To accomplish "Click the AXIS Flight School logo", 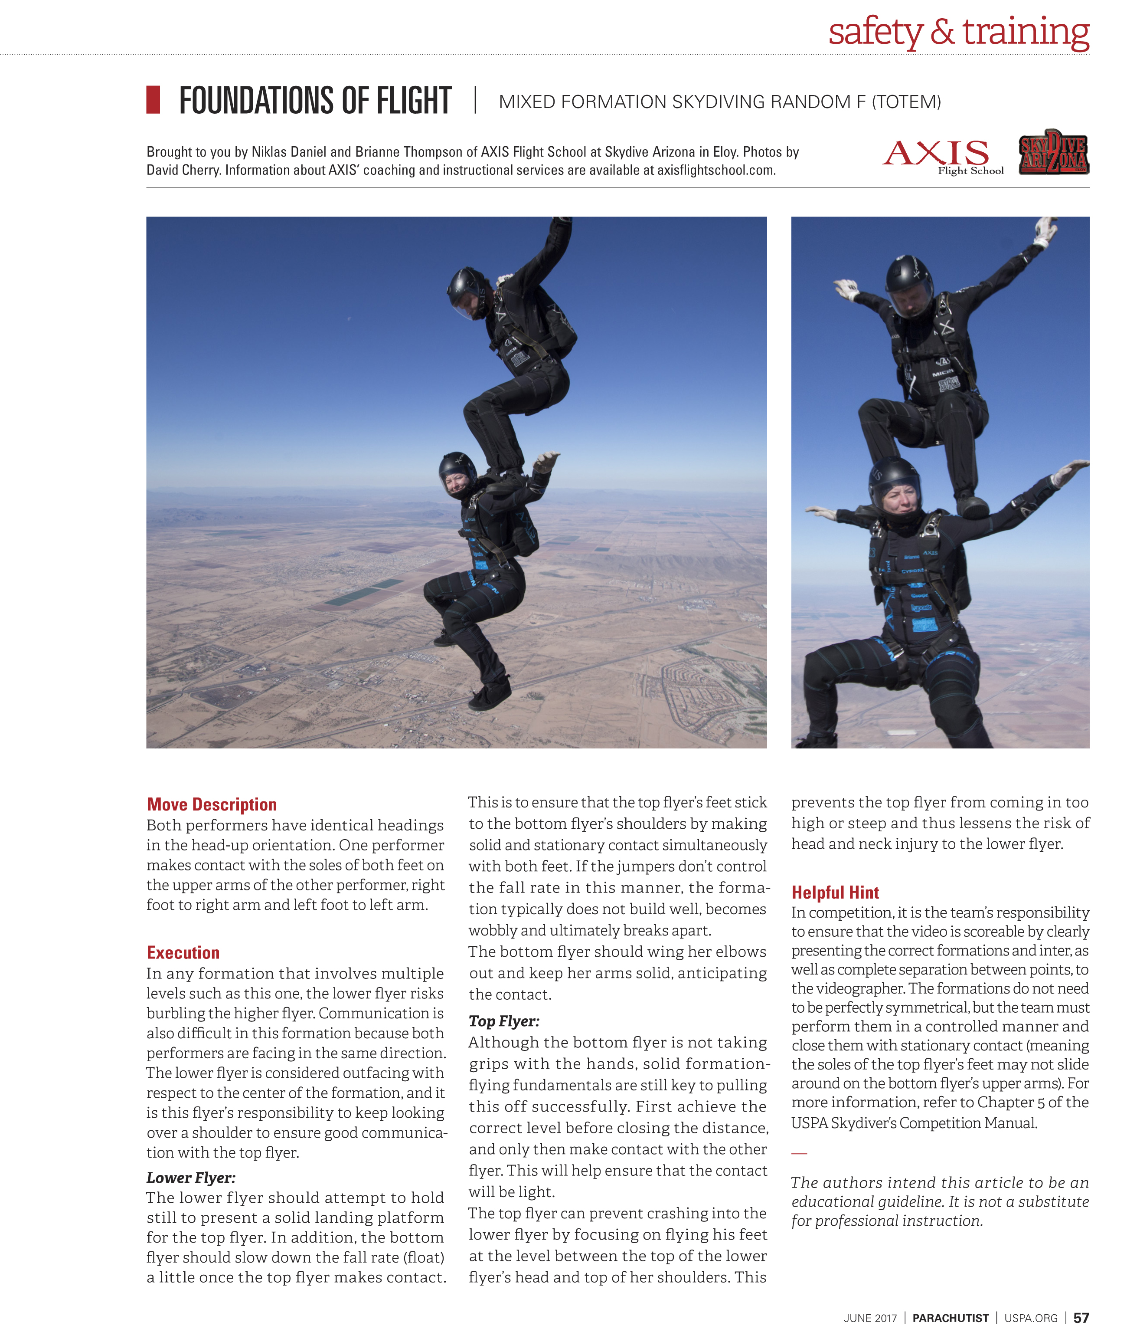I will pyautogui.click(x=942, y=155).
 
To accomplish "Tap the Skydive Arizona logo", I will pyautogui.click(x=1054, y=152).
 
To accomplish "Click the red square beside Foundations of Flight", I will pyautogui.click(x=154, y=100).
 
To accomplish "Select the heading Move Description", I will pyautogui.click(x=212, y=804).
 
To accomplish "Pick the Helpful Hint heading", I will pyautogui.click(x=835, y=893).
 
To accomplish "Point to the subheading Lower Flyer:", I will pyautogui.click(x=190, y=1178).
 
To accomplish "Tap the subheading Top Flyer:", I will pyautogui.click(x=503, y=1021).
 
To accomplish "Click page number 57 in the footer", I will pyautogui.click(x=1081, y=1318).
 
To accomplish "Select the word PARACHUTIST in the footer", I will pyautogui.click(x=950, y=1318).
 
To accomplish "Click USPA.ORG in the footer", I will pyautogui.click(x=1031, y=1318).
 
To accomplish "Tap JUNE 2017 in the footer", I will pyautogui.click(x=870, y=1318).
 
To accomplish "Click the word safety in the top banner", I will pyautogui.click(x=875, y=32).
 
